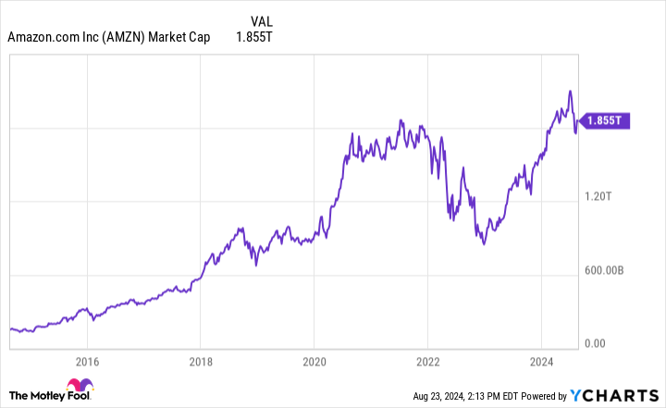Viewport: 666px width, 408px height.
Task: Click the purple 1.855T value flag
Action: coord(606,120)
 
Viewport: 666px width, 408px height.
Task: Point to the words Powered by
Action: coord(536,395)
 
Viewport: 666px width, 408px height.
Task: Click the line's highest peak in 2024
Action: coord(571,91)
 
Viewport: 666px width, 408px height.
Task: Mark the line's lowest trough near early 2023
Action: coord(484,244)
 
